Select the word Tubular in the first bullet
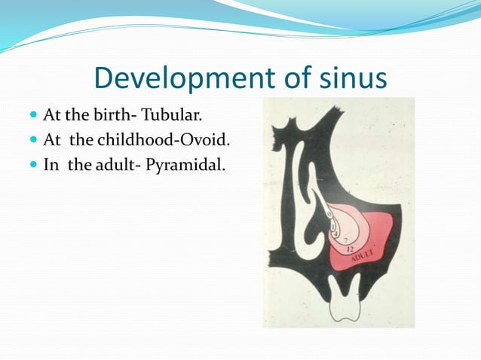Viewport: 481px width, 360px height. pyautogui.click(x=177, y=117)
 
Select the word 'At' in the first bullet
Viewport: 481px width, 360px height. pyautogui.click(x=52, y=117)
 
